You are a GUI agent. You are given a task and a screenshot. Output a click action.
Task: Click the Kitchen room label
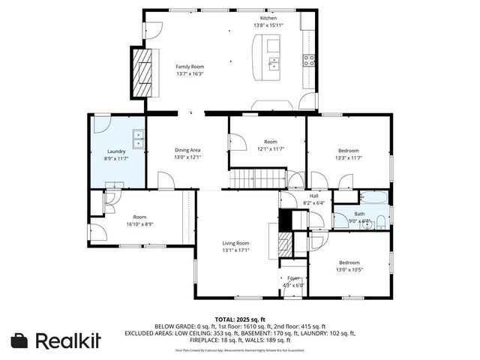coord(268,18)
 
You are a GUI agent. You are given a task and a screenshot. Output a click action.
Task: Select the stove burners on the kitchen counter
coord(308,61)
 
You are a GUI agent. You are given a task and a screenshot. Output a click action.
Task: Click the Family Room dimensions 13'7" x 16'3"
coord(189,74)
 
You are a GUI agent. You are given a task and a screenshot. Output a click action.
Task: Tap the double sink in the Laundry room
coord(138,139)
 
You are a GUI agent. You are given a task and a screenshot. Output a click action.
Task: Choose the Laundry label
coord(115,151)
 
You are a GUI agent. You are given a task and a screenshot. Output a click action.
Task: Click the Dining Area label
coord(187,150)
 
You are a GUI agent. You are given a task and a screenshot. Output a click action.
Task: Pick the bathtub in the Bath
coord(373,199)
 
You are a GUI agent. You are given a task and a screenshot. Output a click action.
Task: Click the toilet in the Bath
coord(380,220)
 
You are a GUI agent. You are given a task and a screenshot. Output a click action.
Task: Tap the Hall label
coord(303,196)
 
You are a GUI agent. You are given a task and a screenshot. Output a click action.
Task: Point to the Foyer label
coord(293,277)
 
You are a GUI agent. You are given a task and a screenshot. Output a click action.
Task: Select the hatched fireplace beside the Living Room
coord(283,244)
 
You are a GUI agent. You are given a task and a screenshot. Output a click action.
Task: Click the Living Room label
coord(235,243)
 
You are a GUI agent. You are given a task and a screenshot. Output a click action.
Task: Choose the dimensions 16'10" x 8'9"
coord(139,223)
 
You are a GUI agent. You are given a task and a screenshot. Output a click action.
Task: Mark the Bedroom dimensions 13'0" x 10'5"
coord(349,269)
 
